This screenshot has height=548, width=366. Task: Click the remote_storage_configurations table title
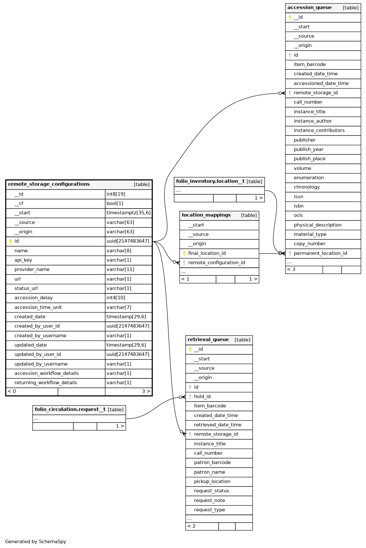click(49, 184)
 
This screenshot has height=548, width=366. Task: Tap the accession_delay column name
click(33, 298)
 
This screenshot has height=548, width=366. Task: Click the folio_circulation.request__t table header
click(70, 409)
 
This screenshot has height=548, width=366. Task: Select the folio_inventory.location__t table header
click(210, 181)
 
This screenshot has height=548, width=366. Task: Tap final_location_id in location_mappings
click(207, 253)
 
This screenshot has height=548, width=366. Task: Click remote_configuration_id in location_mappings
click(217, 263)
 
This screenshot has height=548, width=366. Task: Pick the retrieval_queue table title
click(208, 339)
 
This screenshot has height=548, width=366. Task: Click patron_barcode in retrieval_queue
click(212, 462)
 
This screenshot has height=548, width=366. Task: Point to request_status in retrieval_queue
click(211, 491)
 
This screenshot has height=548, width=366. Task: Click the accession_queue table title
click(310, 7)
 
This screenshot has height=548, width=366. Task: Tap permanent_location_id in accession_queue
click(320, 253)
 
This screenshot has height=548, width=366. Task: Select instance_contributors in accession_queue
click(319, 130)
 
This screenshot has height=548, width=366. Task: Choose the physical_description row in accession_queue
click(318, 225)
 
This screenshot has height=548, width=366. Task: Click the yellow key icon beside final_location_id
click(184, 254)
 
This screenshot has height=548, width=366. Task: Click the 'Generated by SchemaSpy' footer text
click(36, 542)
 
